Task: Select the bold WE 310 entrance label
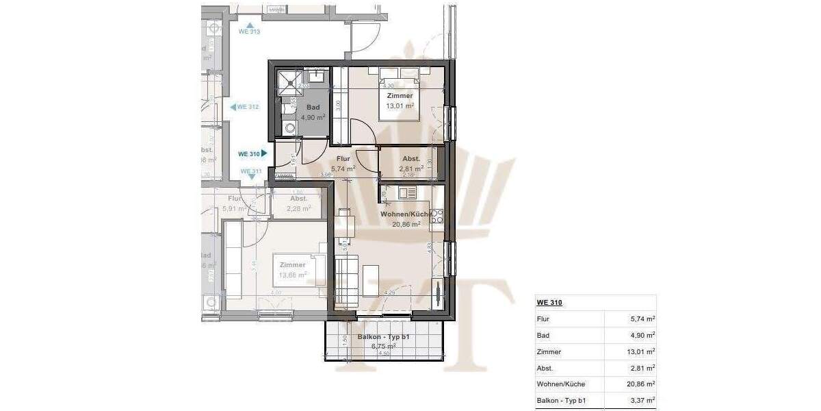[252, 154]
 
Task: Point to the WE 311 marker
[251, 172]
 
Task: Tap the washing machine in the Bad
[289, 127]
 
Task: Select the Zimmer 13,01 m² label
[400, 101]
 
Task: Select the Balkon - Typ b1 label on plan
[383, 341]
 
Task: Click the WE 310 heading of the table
[545, 303]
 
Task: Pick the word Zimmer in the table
[549, 352]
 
